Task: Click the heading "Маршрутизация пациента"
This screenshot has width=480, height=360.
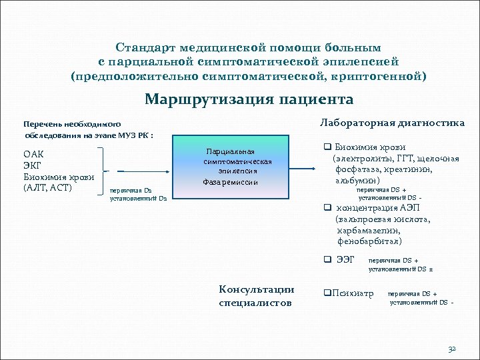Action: pos(249,99)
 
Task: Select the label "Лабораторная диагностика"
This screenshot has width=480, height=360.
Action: pos(393,123)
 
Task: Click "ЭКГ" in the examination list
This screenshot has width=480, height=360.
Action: pos(34,165)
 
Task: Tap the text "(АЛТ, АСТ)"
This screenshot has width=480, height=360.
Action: pos(47,187)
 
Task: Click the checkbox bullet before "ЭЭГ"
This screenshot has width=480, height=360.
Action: pos(327,259)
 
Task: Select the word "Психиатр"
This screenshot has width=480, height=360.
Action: pos(353,293)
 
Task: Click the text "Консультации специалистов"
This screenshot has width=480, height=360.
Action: pos(256,295)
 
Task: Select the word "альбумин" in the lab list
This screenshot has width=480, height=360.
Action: pos(357,180)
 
